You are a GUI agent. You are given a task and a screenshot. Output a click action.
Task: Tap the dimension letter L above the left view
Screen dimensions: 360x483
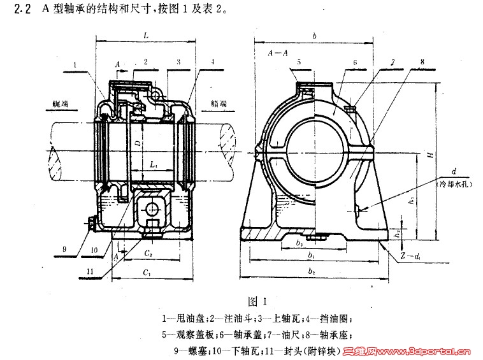point(147,38)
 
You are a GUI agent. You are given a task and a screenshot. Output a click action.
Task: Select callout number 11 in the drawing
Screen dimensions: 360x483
point(90,271)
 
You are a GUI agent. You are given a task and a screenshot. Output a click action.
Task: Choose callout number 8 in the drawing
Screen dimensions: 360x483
point(422,62)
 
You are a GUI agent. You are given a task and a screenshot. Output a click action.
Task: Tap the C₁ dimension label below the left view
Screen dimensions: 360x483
point(147,275)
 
